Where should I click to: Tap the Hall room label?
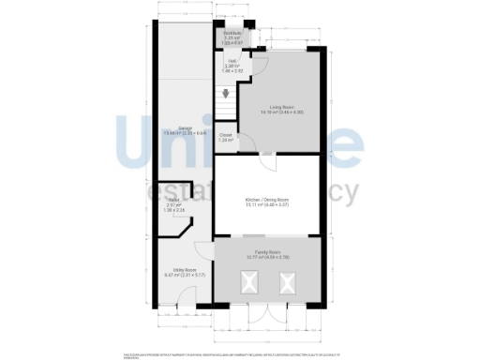click(x=231, y=62)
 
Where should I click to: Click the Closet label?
click(x=225, y=134)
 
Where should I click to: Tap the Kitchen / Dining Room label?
click(x=266, y=200)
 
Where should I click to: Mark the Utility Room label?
click(x=176, y=272)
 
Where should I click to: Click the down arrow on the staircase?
click(x=225, y=93)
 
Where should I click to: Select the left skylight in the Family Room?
click(x=250, y=279)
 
